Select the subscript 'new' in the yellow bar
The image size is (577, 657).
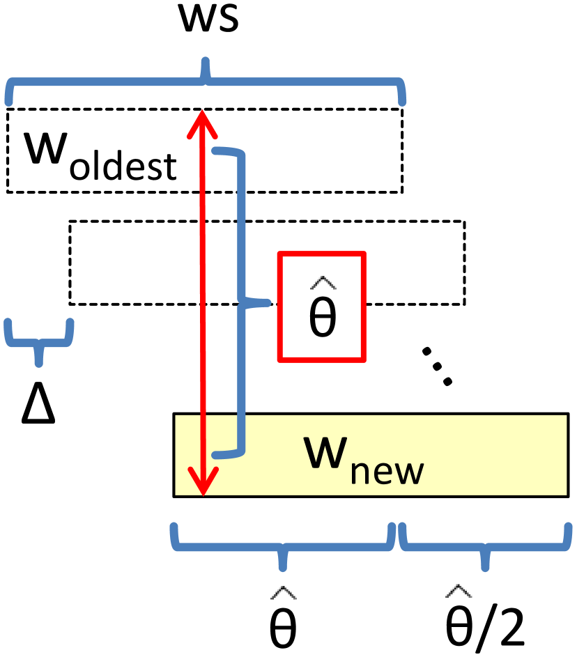pyautogui.click(x=387, y=471)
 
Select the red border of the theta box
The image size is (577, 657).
pyautogui.click(x=280, y=307)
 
